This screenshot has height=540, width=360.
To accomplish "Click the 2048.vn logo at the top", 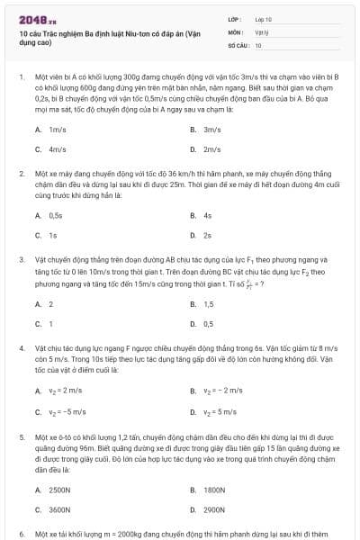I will (37, 18).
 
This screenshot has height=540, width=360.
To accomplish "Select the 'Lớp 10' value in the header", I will (263, 18).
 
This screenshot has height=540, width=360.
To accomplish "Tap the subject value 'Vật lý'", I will (261, 31).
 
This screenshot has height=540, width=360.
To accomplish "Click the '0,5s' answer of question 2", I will (56, 216).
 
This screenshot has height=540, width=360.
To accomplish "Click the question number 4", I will (21, 346).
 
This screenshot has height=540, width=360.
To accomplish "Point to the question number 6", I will (21, 533).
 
